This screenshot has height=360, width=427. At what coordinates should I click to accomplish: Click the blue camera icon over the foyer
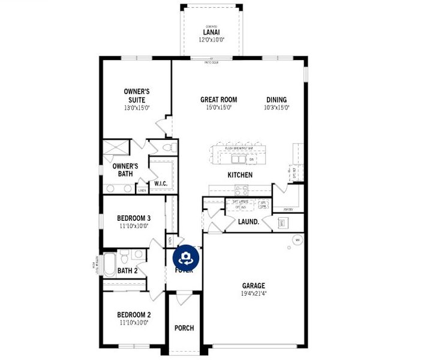tap(186, 258)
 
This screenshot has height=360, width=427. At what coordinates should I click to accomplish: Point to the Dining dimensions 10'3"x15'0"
tap(276, 108)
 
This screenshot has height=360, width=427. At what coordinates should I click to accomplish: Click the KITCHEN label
tap(239, 175)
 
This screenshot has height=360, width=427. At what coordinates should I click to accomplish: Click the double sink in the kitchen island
tap(239, 159)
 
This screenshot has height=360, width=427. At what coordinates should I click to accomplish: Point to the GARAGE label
tap(254, 286)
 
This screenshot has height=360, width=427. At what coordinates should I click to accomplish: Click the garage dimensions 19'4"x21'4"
tap(254, 294)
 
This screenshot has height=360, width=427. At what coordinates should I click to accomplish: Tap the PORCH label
tap(184, 328)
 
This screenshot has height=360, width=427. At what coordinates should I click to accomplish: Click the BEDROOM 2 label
tap(134, 314)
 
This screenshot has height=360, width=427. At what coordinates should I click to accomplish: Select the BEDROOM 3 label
tap(134, 218)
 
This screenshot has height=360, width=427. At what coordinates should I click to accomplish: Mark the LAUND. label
tap(248, 221)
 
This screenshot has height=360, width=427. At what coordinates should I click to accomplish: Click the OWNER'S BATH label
tap(125, 170)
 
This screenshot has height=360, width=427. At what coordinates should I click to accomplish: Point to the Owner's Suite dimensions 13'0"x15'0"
tap(137, 108)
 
